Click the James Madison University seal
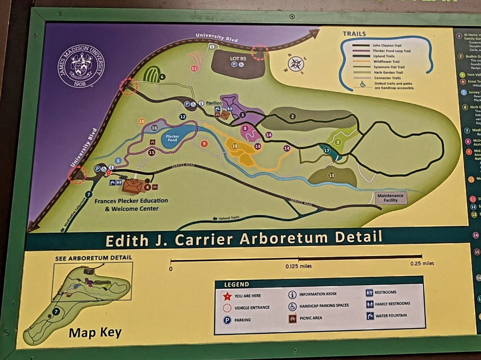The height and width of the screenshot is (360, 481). [x=81, y=66]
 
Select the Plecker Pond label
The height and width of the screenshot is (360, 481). [x=172, y=138]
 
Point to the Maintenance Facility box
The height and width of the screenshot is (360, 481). [x=390, y=198]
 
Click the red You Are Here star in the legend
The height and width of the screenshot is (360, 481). [x=227, y=296]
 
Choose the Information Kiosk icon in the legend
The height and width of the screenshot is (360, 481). [x=293, y=294]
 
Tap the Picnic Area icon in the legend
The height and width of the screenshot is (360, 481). [x=293, y=319]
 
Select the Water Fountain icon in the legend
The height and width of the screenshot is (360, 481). [x=370, y=316]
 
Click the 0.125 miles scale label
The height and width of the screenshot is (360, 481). [x=298, y=266]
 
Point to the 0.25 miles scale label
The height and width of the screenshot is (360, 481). [x=422, y=263]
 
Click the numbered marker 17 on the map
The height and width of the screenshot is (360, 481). [x=326, y=151]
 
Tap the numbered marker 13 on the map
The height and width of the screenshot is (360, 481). [x=331, y=176]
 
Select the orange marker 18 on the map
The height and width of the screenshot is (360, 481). [x=235, y=146]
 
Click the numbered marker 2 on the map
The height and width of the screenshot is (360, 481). [x=293, y=117]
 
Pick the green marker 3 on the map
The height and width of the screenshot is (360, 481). [x=338, y=142]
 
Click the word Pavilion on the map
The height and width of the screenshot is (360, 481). [x=214, y=103]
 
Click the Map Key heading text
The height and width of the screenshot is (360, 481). [x=95, y=333]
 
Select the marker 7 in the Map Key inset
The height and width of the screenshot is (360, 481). [x=56, y=312]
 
